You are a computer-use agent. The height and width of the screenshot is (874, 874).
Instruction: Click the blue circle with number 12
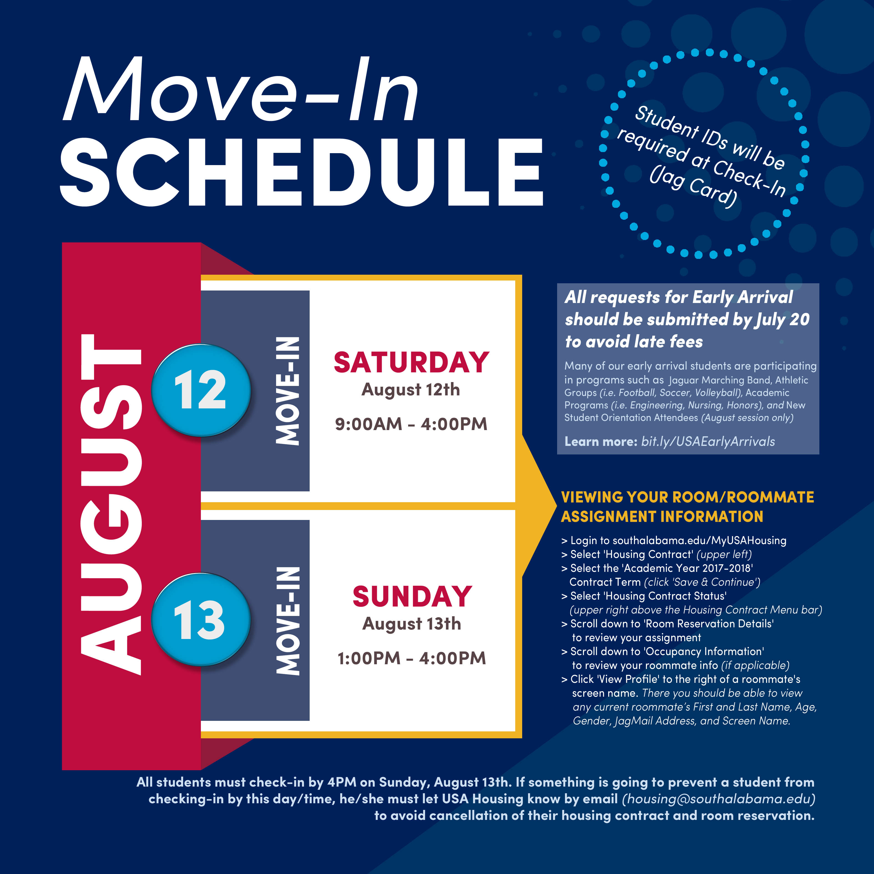pyautogui.click(x=201, y=390)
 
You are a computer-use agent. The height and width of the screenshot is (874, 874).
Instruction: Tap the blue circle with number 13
pyautogui.click(x=201, y=620)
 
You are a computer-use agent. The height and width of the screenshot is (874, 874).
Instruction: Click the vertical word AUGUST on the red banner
pyautogui.click(x=111, y=504)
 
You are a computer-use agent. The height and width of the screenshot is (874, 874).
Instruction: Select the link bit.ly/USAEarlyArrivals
pyautogui.click(x=708, y=441)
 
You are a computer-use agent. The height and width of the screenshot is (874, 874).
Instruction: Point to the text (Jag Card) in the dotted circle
pyautogui.click(x=693, y=186)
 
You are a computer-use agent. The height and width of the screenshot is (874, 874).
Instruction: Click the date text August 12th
pyautogui.click(x=411, y=390)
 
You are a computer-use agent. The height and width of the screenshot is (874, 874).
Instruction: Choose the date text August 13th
pyautogui.click(x=412, y=624)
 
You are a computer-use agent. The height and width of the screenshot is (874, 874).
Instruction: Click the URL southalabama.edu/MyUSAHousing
pyautogui.click(x=699, y=540)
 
